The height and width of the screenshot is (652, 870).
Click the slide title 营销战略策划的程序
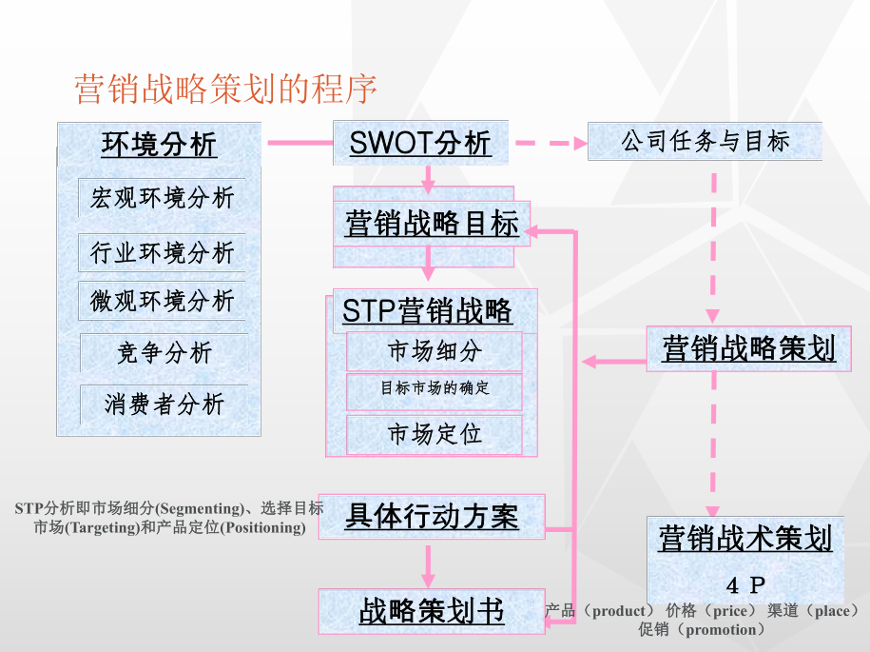point(225,89)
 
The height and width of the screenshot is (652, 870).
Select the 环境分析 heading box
point(159,145)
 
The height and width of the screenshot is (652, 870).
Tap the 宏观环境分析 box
point(162,198)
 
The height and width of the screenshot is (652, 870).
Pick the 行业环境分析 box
point(162,252)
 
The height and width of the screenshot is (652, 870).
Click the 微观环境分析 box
point(162,302)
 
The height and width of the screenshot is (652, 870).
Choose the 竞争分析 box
point(164,353)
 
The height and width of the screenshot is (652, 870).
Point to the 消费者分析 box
point(164,405)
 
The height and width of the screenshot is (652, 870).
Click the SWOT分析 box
point(420,143)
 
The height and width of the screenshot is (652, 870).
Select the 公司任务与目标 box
point(706,142)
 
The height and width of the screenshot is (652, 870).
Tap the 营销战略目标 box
point(432,225)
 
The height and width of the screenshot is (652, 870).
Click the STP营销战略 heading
point(427,311)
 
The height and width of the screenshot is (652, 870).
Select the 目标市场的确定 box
point(435,388)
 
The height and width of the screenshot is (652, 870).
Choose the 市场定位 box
point(435,435)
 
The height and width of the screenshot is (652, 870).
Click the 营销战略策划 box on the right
point(748,349)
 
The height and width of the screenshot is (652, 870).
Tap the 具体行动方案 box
point(432,517)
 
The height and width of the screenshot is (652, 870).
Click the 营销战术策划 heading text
point(745,539)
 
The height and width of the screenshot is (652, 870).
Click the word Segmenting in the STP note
point(198,508)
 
